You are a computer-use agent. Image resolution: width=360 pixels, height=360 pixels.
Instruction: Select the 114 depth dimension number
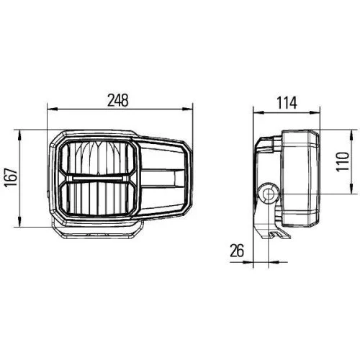click(287, 102)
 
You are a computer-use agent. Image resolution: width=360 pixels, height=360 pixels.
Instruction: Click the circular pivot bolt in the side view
click(269, 192)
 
